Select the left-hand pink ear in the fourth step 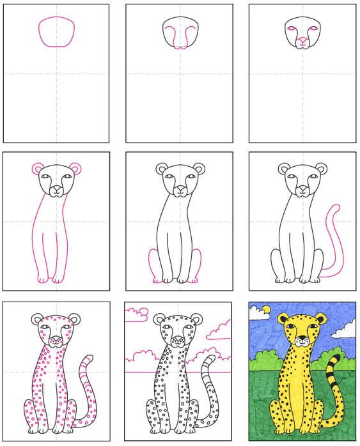point(37,169)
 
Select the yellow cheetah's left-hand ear point(283,318)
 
